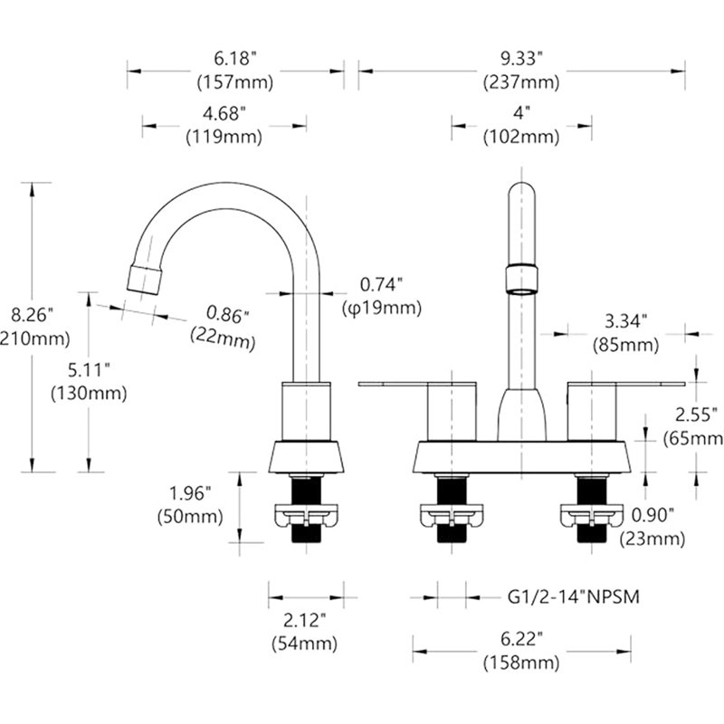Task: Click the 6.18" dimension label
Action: coord(234,59)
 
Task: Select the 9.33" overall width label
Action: coord(521,59)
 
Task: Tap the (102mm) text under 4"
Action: coord(521,138)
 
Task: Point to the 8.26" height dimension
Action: coord(32,315)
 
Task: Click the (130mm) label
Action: coord(89,394)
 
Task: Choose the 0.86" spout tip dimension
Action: coord(227,315)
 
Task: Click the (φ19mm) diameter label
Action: coord(382,308)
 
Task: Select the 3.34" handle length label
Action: coord(625,321)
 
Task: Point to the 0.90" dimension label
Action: coord(653,515)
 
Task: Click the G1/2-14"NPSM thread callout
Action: coord(574,597)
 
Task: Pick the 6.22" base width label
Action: coord(521,640)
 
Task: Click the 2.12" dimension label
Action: coord(304,620)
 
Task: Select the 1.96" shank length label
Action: coord(190,493)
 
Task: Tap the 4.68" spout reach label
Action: coord(224,113)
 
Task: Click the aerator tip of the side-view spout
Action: coord(145,280)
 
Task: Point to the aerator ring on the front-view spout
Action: coord(522,280)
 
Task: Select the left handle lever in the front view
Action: coord(417,385)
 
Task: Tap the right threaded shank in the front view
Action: coord(592,508)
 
